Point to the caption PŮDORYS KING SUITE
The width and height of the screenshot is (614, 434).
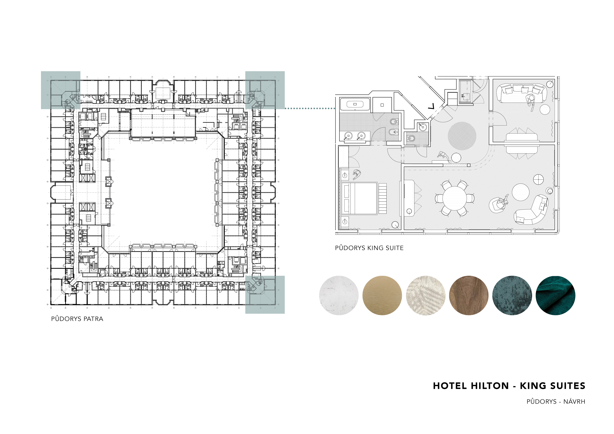[x=369, y=248]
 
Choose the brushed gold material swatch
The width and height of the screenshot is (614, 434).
[x=382, y=295]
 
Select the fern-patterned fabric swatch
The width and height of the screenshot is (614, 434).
[x=425, y=295]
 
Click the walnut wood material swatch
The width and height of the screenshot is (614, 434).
[x=469, y=295]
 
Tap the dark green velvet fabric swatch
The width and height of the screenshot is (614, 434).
[x=555, y=295]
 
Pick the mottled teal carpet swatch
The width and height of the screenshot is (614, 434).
[x=512, y=295]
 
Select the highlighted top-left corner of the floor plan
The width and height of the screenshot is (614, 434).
[x=61, y=90]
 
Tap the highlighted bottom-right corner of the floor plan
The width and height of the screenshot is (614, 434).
[x=265, y=295]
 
